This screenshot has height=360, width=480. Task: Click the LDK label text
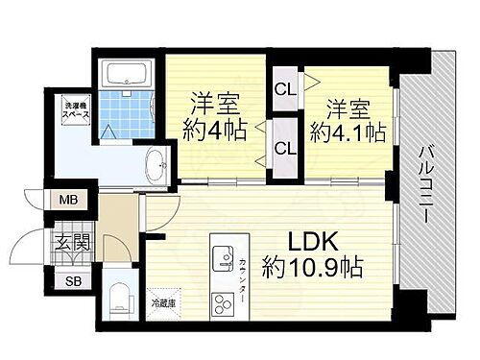(x=315, y=238)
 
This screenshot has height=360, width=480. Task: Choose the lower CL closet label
(x=285, y=148)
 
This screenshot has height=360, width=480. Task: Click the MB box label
(x=69, y=200)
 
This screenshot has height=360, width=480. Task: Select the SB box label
(x=74, y=281)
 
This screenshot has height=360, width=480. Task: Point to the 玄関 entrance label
(x=71, y=242)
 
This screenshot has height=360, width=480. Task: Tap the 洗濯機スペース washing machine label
(x=78, y=108)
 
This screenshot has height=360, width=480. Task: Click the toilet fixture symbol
(x=119, y=294)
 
